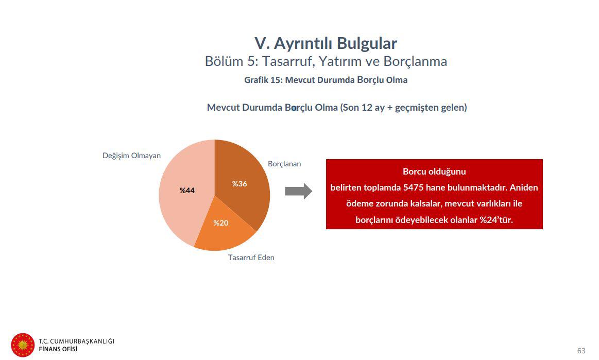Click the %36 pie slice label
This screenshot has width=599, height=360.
[x=239, y=184]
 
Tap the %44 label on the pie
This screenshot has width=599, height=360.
[x=187, y=191]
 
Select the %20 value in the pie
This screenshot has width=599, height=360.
[x=221, y=223]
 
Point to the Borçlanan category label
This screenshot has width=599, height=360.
[x=284, y=164]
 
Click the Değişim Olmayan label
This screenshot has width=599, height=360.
[x=131, y=156]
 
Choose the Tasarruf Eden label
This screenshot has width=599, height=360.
[x=251, y=257]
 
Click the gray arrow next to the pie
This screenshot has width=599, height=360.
[x=298, y=191]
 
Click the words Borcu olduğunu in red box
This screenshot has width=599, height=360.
[x=434, y=171]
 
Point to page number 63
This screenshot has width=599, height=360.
[x=581, y=350]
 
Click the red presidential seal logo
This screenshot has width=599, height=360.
[x=23, y=345]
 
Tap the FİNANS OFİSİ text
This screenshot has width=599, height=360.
[x=58, y=349]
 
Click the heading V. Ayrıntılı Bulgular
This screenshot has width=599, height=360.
[x=326, y=43]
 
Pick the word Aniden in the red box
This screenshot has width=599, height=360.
[x=524, y=187]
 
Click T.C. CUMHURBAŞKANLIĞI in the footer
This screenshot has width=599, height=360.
[x=76, y=341]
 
